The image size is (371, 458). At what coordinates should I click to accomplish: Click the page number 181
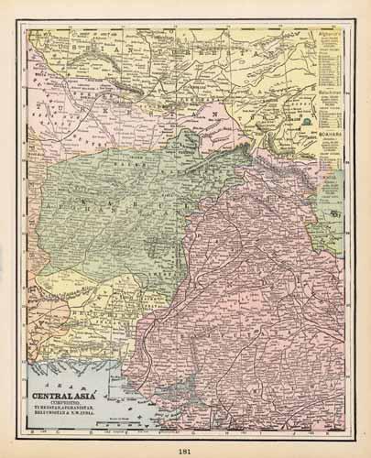click(185, 447)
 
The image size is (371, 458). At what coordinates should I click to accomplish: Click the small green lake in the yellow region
click(303, 119)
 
